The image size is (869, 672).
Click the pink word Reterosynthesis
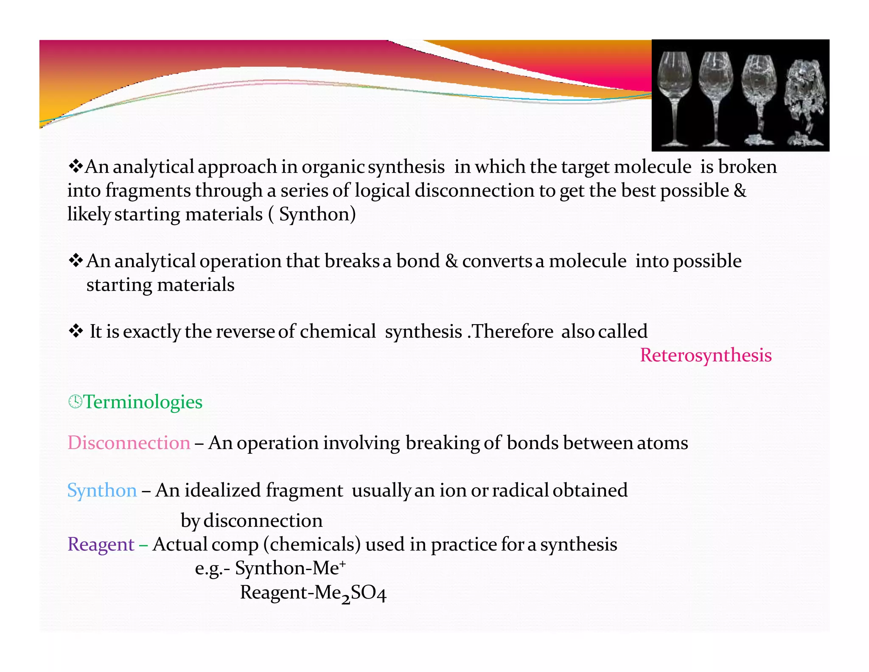pos(706,355)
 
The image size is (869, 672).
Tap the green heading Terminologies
pos(143,402)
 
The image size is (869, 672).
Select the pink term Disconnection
pos(129,443)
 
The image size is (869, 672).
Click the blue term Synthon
pos(102,490)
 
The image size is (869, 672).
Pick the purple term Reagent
pos(101,544)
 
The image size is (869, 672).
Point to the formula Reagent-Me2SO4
pos(313,593)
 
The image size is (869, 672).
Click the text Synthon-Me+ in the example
pos(290,568)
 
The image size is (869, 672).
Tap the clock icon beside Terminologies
pos(75,401)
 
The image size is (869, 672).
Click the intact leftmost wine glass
pos(674,98)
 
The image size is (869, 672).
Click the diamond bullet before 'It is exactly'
pos(76,331)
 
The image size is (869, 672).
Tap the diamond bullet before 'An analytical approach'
pos(76,166)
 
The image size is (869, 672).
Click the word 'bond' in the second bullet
pos(418,261)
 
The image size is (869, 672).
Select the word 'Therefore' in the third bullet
pos(513,331)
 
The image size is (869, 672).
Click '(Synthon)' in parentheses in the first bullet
pos(312,214)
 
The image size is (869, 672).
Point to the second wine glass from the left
pos(716,98)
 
